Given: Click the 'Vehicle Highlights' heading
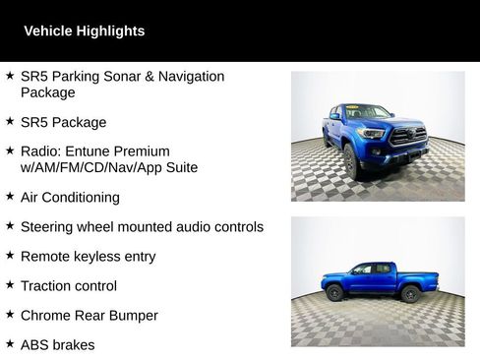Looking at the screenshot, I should pos(84,31).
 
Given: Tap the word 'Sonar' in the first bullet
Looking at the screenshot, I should pos(121,76).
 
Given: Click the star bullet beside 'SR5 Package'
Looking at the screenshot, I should pos(9,122).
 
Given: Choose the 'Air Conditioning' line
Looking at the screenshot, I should pos(70,197).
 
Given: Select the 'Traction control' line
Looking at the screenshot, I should pos(69,285).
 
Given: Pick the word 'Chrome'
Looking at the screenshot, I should pos(45,315).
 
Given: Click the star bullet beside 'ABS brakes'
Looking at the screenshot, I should pos(9,344).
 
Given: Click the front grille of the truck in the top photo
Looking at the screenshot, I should pos(408,135).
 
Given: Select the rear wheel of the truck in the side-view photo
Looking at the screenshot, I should pos(335,293).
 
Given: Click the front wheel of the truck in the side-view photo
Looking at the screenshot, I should pos(410,294).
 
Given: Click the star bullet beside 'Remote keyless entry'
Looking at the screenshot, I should pos(9,256).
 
